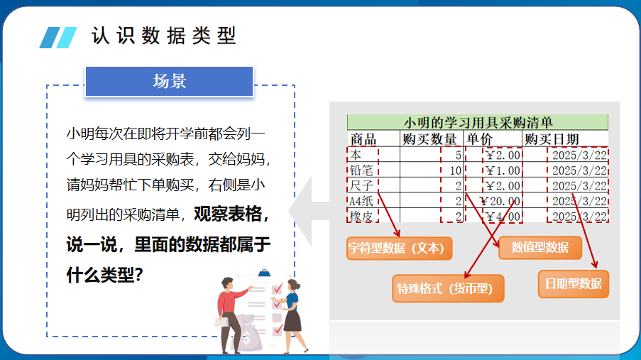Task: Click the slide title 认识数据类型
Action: click(163, 36)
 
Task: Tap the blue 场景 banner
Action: click(169, 81)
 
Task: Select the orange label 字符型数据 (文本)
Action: click(400, 248)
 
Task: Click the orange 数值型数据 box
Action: click(540, 248)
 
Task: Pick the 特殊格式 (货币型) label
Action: click(448, 288)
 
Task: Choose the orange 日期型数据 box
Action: click(573, 283)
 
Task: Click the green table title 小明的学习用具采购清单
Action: click(478, 122)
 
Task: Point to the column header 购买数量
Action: click(429, 139)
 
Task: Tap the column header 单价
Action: click(480, 139)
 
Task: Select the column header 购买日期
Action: click(552, 139)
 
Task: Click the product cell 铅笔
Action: click(361, 170)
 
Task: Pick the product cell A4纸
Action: click(361, 201)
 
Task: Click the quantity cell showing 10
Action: click(456, 170)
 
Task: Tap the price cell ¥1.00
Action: click(503, 170)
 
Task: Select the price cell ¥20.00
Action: click(500, 201)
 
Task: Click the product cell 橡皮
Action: click(361, 216)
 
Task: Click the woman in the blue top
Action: click(292, 316)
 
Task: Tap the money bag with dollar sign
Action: click(248, 332)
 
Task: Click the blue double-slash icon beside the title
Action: click(58, 38)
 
